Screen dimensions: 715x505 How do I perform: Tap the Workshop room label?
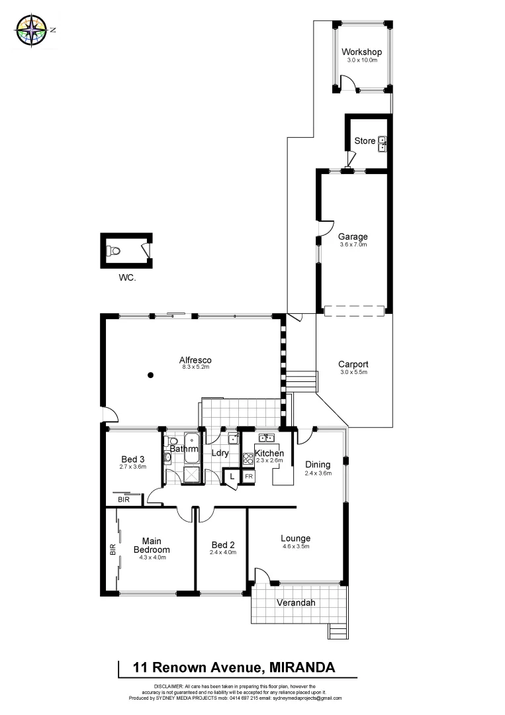pos(361,52)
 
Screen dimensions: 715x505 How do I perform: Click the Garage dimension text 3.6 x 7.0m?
pos(353,245)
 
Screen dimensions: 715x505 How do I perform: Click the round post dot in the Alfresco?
pos(151,375)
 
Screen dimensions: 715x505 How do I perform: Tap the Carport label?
pos(353,364)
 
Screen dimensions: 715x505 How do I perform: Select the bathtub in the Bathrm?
pos(191,444)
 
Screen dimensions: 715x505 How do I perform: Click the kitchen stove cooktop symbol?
pos(248,457)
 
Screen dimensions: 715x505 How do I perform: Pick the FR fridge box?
pos(249,476)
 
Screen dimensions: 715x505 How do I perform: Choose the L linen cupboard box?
pos(232,476)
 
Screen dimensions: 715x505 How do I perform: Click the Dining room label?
pos(318,465)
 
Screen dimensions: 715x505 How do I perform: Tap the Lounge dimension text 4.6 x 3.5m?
pos(295,546)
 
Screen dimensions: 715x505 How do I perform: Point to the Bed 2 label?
pos(222,544)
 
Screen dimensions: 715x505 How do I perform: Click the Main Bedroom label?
pos(152,545)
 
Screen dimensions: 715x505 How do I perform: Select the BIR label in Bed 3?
pos(124,500)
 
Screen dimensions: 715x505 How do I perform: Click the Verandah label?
pos(297,603)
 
